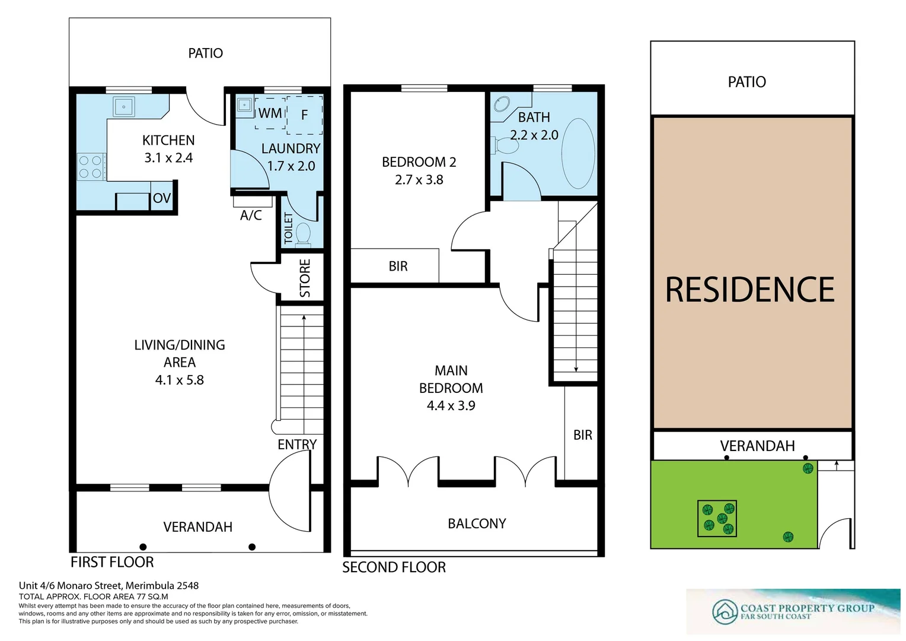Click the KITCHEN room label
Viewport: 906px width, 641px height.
(x=168, y=141)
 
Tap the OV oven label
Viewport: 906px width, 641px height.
(x=161, y=199)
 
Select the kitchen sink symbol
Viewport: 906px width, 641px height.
(x=125, y=107)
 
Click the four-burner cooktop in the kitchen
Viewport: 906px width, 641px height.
(x=90, y=167)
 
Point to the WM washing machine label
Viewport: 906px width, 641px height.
(x=270, y=113)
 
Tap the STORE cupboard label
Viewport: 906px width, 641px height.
(x=305, y=278)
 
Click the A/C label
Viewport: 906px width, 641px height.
(x=251, y=215)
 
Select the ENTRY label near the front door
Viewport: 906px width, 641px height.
(x=297, y=445)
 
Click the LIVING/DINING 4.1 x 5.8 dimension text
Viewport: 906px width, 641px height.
(x=179, y=380)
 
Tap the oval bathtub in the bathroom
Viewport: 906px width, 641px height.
(x=578, y=154)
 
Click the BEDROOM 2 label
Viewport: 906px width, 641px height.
(x=419, y=162)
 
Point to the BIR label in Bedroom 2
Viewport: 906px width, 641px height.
(x=398, y=266)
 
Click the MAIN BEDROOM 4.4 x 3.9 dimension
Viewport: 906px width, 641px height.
(x=451, y=406)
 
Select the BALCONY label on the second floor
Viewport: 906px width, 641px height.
(x=477, y=523)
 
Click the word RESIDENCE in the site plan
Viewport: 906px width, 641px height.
(x=749, y=290)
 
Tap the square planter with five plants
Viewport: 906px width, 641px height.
(x=717, y=518)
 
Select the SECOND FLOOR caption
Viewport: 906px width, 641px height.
(x=394, y=567)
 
